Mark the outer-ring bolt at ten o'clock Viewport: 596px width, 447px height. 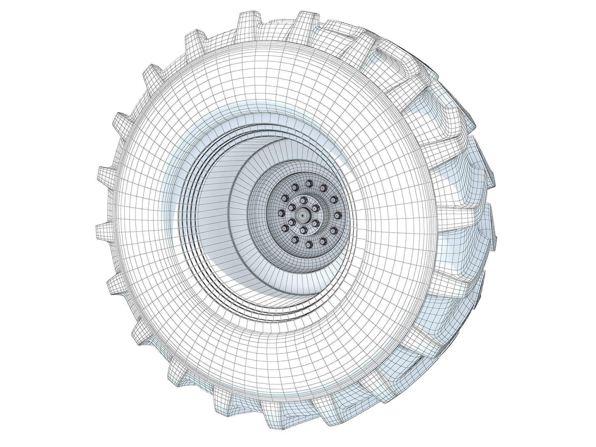click(285, 198)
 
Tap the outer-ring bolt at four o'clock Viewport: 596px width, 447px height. click(334, 231)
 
